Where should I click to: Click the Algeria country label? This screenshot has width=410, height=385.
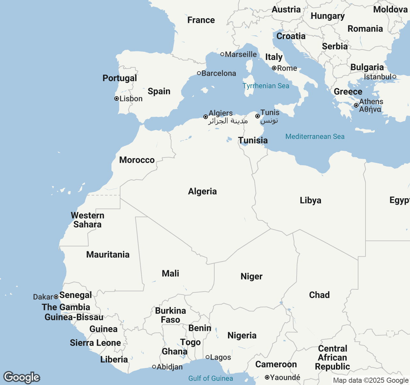click(202, 192)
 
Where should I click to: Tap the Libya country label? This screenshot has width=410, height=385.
click(310, 201)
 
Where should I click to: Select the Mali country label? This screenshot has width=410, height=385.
click(170, 274)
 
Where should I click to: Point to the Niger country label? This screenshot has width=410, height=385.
click(251, 277)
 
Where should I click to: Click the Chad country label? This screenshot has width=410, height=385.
click(319, 295)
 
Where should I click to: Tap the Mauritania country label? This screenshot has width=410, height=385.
click(108, 255)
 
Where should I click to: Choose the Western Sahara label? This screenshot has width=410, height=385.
click(87, 220)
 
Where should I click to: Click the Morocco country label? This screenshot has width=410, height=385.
click(137, 160)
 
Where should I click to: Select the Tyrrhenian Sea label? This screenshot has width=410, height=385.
click(266, 86)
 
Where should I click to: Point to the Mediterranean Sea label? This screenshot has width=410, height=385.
click(315, 137)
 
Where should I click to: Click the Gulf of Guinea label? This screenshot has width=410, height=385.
click(210, 379)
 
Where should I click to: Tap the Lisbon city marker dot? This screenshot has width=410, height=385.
click(117, 99)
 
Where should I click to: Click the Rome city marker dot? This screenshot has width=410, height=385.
click(274, 68)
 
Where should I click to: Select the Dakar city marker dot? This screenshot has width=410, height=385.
click(56, 297)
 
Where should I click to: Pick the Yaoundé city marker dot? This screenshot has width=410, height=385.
click(267, 378)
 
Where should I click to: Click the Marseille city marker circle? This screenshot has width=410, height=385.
click(222, 54)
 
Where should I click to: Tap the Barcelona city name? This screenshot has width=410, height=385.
click(219, 73)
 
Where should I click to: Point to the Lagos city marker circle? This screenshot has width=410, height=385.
click(208, 357)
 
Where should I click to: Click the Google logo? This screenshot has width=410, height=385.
click(21, 377)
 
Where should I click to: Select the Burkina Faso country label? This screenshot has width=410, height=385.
click(170, 315)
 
